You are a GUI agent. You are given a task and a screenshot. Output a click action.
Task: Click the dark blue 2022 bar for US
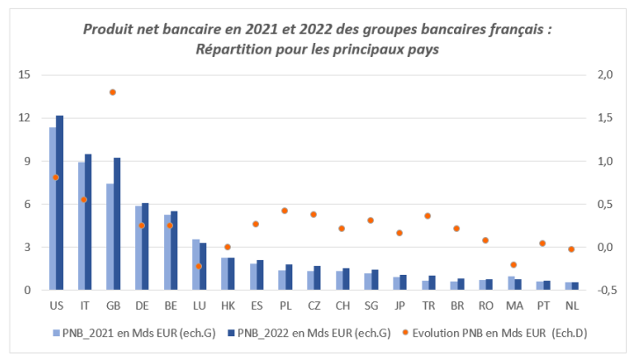click(60, 202)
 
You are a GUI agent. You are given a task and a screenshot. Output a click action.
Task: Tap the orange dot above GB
click(112, 92)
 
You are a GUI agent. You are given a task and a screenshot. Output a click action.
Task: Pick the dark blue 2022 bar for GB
click(117, 224)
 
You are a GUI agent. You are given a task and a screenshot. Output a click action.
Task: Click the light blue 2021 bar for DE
click(138, 248)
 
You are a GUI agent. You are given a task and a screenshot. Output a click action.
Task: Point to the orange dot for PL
click(284, 211)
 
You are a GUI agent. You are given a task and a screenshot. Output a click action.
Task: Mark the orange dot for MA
click(513, 264)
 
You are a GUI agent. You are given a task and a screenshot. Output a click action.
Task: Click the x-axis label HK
click(227, 305)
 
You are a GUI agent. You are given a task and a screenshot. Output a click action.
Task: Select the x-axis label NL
click(571, 305)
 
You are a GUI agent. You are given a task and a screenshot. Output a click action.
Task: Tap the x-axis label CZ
click(313, 305)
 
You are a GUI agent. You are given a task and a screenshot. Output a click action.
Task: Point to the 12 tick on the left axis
click(25, 118)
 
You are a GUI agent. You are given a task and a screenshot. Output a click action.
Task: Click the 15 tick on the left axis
click(25, 75)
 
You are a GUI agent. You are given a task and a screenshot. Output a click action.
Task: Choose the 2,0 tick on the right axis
click(606, 75)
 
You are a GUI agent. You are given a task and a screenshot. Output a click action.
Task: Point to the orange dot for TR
click(428, 216)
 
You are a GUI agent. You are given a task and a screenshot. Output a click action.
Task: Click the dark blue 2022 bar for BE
click(174, 250)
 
